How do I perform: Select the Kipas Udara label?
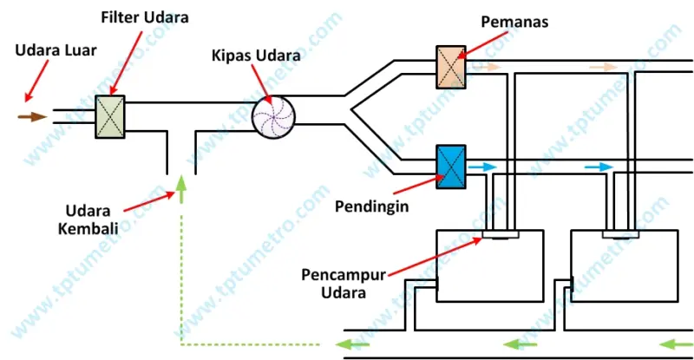[254, 56]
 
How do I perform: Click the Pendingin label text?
[371, 207]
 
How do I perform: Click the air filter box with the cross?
[112, 116]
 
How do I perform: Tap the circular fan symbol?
[274, 115]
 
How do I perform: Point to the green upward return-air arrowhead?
[181, 182]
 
